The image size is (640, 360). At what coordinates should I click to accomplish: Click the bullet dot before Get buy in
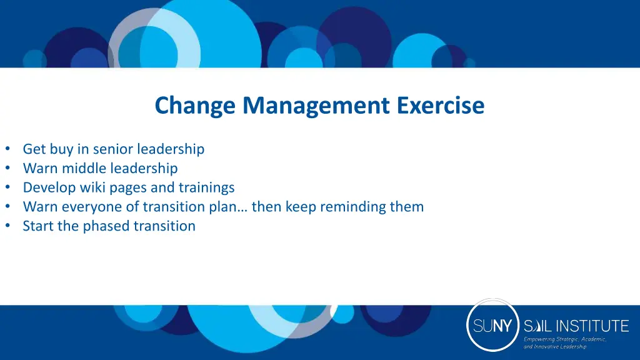tap(7, 149)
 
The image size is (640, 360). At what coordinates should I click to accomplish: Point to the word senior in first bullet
tap(113, 149)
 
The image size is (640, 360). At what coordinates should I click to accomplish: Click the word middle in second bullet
tap(84, 169)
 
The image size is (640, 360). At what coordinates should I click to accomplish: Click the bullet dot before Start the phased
tap(7, 226)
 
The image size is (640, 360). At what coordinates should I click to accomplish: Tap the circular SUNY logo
tap(493, 325)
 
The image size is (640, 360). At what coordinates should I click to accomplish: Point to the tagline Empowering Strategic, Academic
tap(565, 339)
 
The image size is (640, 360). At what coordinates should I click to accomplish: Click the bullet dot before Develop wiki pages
tap(7, 187)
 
